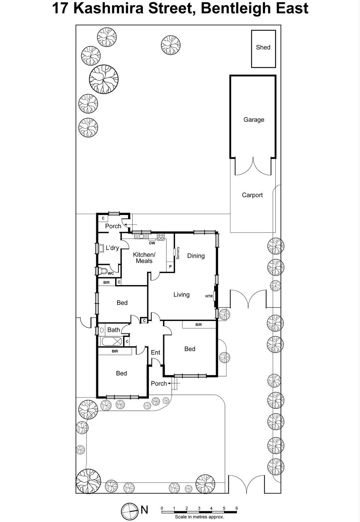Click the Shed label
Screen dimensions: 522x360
coord(263,47)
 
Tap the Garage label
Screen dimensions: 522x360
coord(254,120)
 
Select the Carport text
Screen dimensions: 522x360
coord(252,195)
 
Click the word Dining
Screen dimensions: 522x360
coord(196,256)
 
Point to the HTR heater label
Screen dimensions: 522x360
coord(209,296)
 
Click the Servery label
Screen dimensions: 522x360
coord(178,253)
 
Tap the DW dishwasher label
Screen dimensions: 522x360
coord(152,243)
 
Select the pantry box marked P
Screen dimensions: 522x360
coord(170,267)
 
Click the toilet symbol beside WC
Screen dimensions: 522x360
coord(103,271)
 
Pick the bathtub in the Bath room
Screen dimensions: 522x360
coord(111,342)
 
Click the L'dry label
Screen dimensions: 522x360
coord(112,248)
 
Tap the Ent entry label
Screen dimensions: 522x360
coord(155,352)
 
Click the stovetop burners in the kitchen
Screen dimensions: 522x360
coord(161,237)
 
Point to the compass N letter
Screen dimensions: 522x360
coord(144,510)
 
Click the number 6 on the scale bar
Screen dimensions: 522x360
coord(237,508)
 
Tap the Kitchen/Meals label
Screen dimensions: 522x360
coord(144,257)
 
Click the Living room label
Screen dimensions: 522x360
coord(181,295)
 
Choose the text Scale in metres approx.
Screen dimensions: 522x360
coord(199,517)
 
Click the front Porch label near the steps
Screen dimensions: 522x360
coord(159,383)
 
